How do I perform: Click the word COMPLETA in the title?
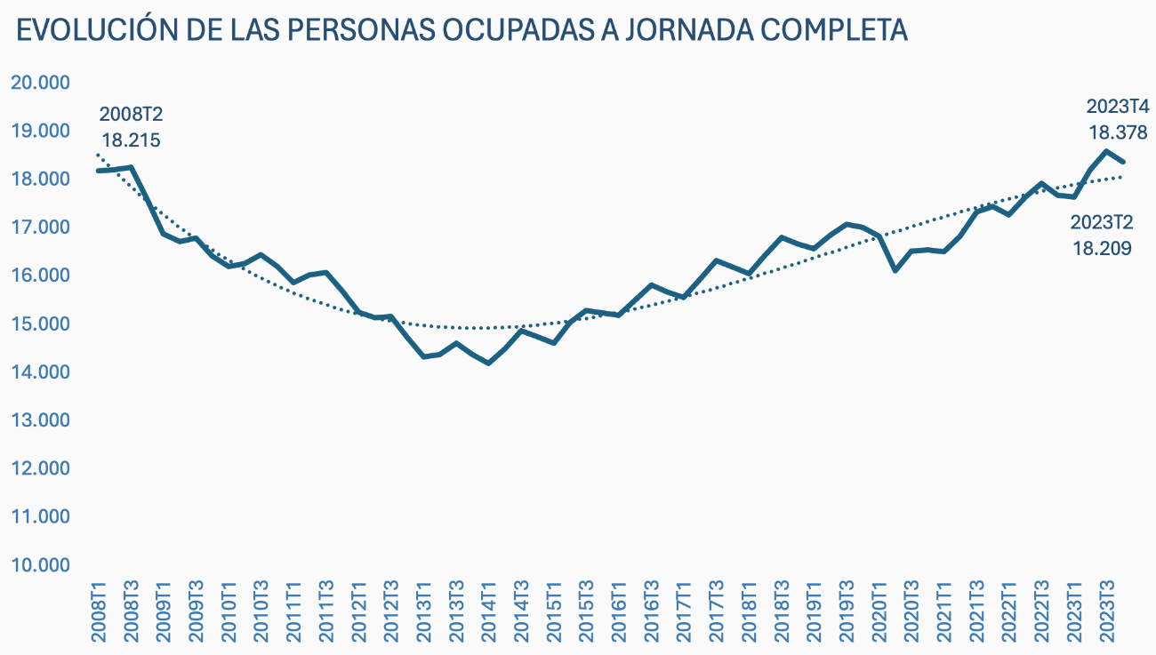[x=832, y=30]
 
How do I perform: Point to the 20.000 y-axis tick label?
[x=39, y=83]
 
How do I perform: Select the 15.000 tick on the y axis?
[x=39, y=324]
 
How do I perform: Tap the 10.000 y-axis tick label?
[x=39, y=565]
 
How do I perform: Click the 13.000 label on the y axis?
[x=39, y=420]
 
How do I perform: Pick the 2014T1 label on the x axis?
[x=489, y=609]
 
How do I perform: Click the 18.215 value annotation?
[x=131, y=140]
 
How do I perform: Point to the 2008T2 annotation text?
[x=131, y=115]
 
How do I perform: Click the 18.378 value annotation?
[x=1119, y=132]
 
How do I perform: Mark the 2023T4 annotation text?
[x=1119, y=107]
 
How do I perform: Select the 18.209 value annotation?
[x=1102, y=248]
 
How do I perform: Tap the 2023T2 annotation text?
[x=1102, y=222]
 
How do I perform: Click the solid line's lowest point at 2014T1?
[x=488, y=363]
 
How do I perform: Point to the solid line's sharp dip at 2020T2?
[x=895, y=269]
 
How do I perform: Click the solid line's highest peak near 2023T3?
[x=1106, y=151]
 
